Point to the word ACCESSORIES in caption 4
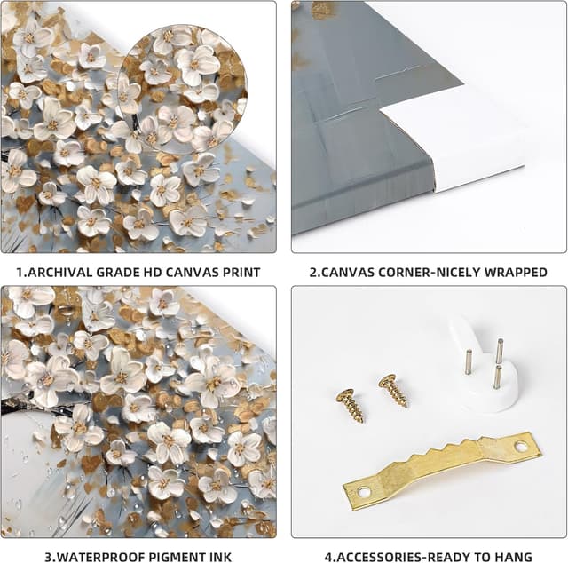pyautogui.click(x=378, y=557)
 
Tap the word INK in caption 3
pyautogui.click(x=220, y=557)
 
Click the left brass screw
pyautogui.click(x=350, y=406)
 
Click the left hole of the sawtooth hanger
pyautogui.click(x=361, y=492)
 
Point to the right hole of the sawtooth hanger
pyautogui.click(x=521, y=447)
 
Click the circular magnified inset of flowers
pyautogui.click(x=183, y=90)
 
